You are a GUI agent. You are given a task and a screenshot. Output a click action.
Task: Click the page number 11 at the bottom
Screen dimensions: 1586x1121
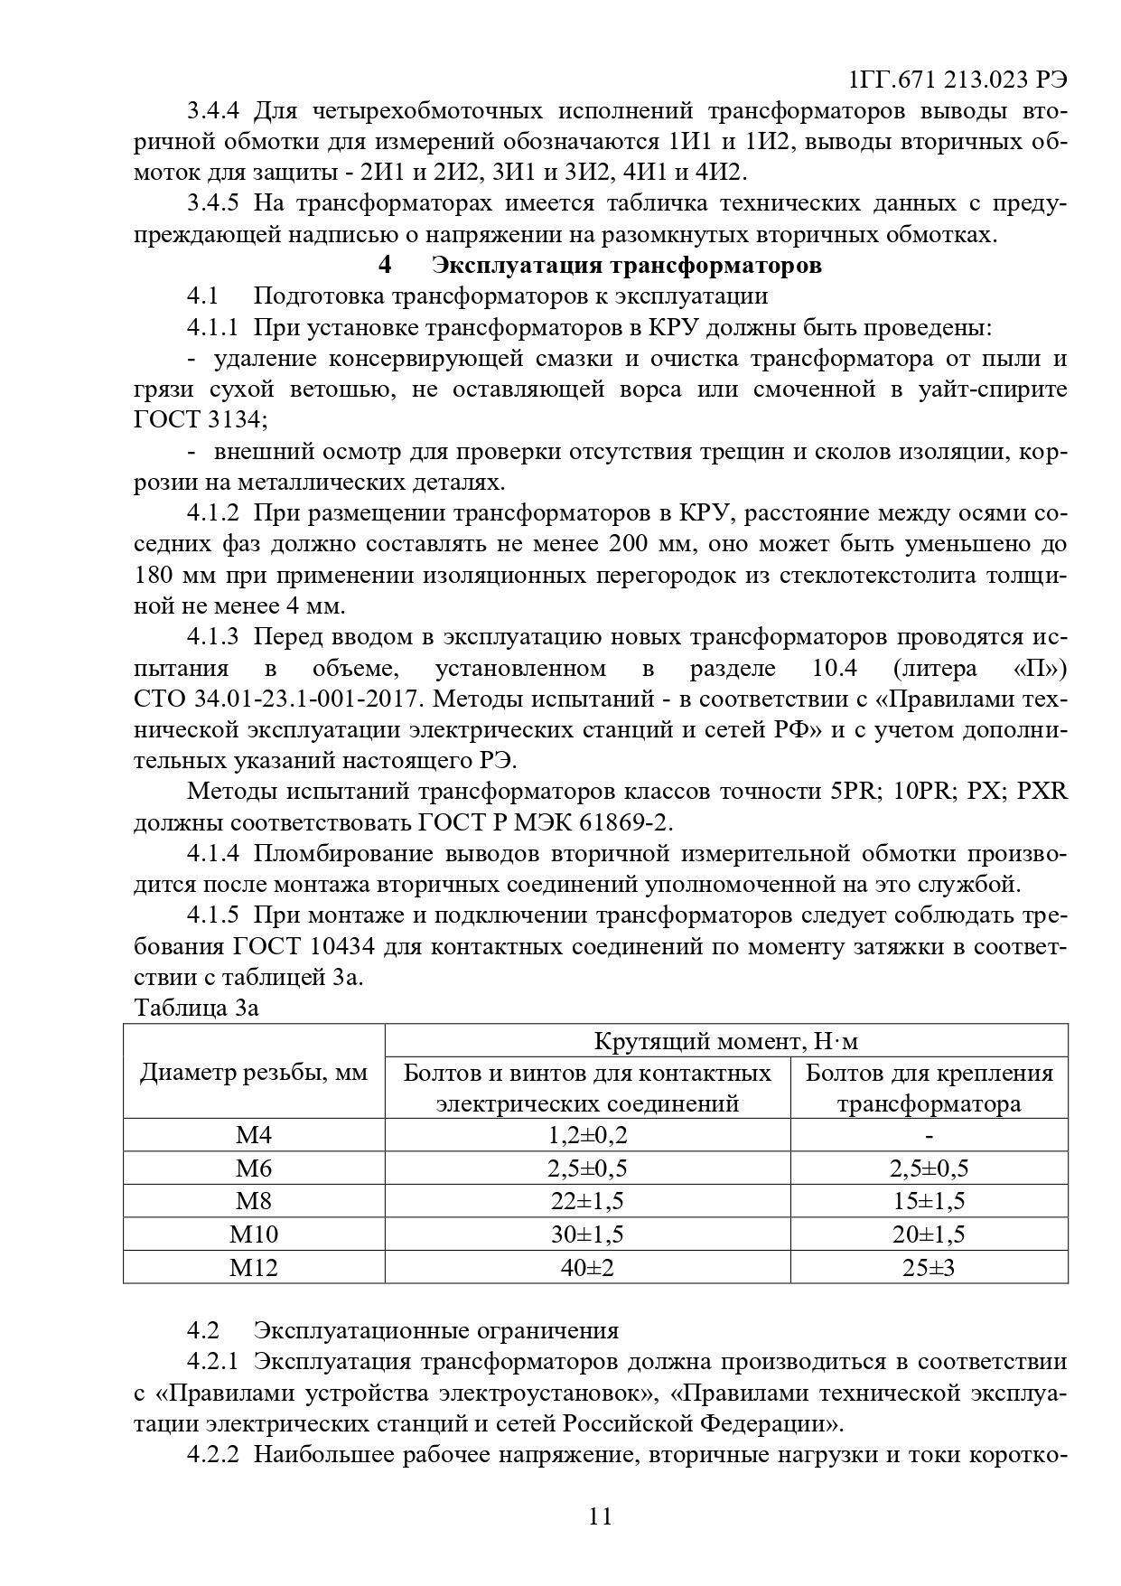[x=600, y=1516]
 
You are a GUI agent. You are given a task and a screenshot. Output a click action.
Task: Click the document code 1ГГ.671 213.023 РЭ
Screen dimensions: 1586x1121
[x=958, y=80]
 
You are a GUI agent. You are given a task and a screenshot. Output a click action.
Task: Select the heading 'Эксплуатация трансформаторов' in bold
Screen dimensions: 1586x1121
[x=627, y=266]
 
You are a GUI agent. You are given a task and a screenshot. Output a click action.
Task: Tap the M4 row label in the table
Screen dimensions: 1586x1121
[x=254, y=1135]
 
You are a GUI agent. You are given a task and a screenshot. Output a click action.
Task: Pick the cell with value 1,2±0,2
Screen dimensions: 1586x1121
[x=587, y=1135]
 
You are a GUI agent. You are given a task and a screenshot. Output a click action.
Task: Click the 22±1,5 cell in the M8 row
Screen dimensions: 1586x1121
[x=587, y=1201]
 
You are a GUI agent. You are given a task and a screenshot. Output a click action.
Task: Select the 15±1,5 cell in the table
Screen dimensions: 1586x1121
[x=929, y=1201]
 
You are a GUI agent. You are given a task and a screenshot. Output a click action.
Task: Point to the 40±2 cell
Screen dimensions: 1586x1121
[x=587, y=1267]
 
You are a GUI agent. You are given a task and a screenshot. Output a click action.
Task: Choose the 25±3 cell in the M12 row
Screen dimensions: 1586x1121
[x=929, y=1267]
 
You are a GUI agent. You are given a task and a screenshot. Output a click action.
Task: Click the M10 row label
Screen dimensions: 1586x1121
[x=254, y=1234]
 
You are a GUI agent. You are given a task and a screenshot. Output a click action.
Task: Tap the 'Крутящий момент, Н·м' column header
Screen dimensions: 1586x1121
[x=726, y=1041]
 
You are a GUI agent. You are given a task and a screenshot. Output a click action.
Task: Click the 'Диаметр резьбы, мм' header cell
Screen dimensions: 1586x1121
[x=254, y=1073]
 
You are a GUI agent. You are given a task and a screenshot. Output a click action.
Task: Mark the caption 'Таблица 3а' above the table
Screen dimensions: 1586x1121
[x=196, y=1008]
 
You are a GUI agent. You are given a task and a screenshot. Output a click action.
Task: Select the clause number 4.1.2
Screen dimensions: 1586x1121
[x=213, y=513]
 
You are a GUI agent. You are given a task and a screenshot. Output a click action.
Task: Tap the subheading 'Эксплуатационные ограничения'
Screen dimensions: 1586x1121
[x=436, y=1330]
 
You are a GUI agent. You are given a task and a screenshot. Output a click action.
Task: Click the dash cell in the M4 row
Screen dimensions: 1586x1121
[x=929, y=1135]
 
